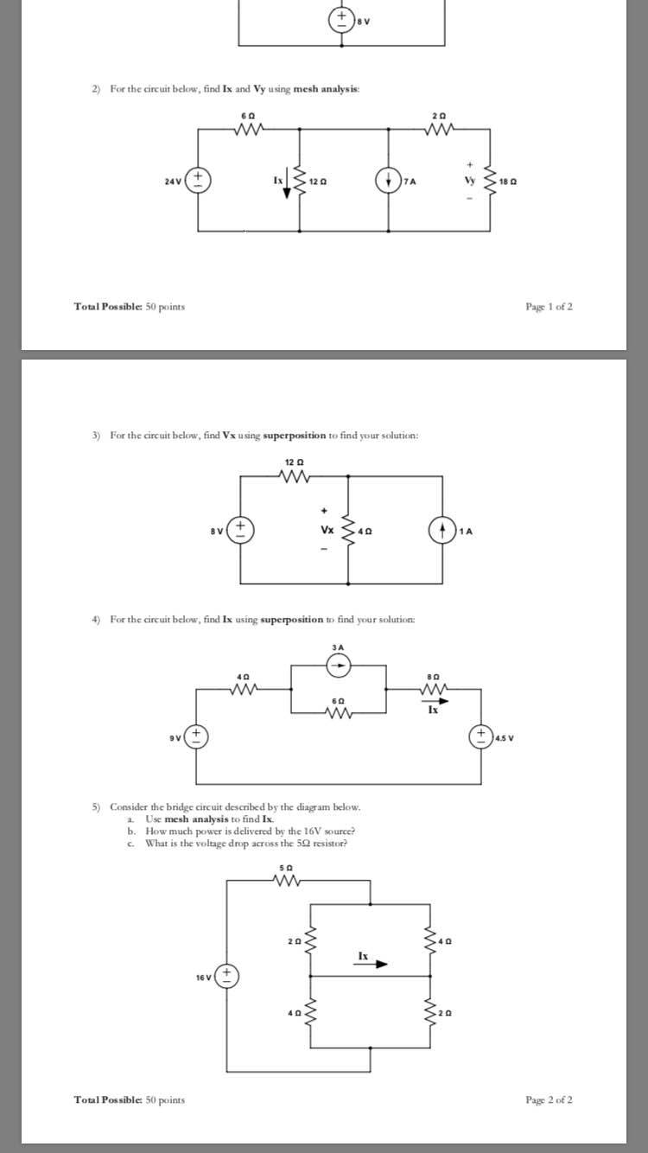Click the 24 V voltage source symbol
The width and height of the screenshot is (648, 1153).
click(198, 181)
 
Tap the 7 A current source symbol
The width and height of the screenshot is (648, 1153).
click(388, 182)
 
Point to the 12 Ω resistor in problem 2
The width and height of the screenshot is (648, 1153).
click(299, 182)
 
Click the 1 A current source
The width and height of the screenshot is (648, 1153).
click(442, 530)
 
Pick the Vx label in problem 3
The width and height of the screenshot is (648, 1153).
click(327, 529)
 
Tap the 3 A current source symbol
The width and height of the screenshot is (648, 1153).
click(339, 666)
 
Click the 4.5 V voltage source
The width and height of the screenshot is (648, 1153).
click(481, 736)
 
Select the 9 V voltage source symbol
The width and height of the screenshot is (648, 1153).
click(196, 736)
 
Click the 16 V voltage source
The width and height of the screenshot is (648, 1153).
click(226, 976)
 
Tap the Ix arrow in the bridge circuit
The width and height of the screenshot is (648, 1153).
click(371, 964)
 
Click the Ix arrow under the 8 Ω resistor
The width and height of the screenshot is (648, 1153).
click(435, 701)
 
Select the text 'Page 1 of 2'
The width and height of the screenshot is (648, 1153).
click(550, 307)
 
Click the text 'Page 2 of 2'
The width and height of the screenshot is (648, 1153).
click(550, 1099)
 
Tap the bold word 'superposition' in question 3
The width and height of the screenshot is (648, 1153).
click(295, 436)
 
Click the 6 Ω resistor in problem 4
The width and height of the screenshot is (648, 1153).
click(338, 713)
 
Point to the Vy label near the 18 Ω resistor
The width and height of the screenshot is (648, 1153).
click(469, 180)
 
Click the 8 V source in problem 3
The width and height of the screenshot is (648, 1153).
click(240, 530)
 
